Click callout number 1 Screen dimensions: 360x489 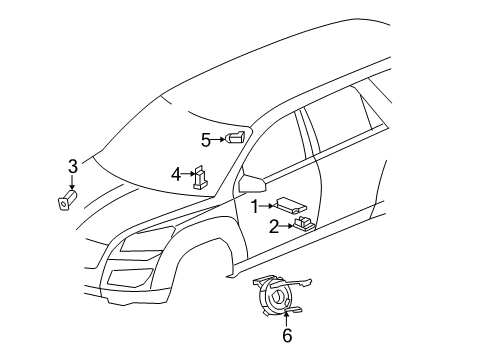tap(254, 205)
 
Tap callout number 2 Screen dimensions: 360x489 tap(273, 226)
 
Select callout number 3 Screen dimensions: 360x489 tap(72, 165)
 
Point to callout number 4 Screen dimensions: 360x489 tap(177, 174)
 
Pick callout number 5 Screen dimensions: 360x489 tap(206, 139)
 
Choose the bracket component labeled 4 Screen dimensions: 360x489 tap(201, 177)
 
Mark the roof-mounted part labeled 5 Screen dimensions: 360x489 tap(238, 137)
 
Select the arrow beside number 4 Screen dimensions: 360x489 tap(188, 174)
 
